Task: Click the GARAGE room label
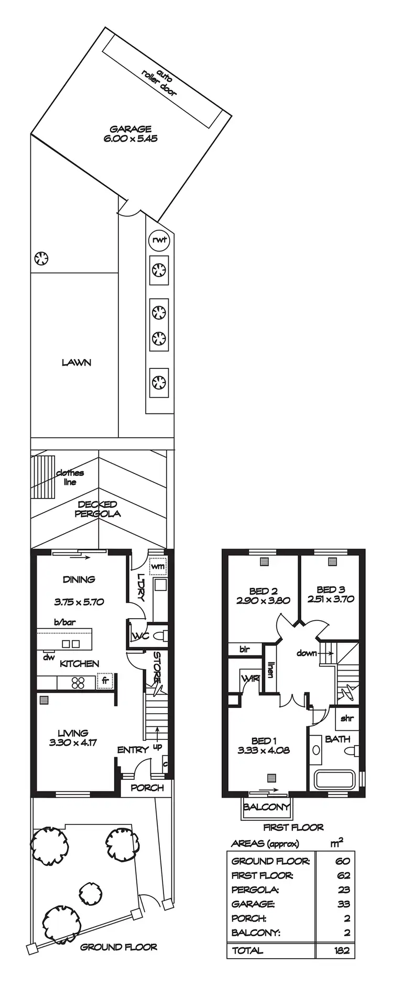(x=130, y=129)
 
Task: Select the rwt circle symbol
(x=159, y=240)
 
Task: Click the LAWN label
(x=77, y=363)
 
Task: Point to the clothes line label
(x=70, y=478)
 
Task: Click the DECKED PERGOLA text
(x=97, y=509)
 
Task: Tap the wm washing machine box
(x=158, y=567)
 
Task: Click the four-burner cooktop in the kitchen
(x=78, y=683)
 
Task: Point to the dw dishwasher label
(x=49, y=657)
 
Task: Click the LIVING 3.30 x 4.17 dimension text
(x=73, y=743)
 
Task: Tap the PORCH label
(x=147, y=788)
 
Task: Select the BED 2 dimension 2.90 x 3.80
(x=263, y=601)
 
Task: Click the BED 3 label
(x=331, y=590)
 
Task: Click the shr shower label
(x=347, y=718)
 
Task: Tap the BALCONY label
(x=266, y=807)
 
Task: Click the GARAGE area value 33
(x=342, y=904)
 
